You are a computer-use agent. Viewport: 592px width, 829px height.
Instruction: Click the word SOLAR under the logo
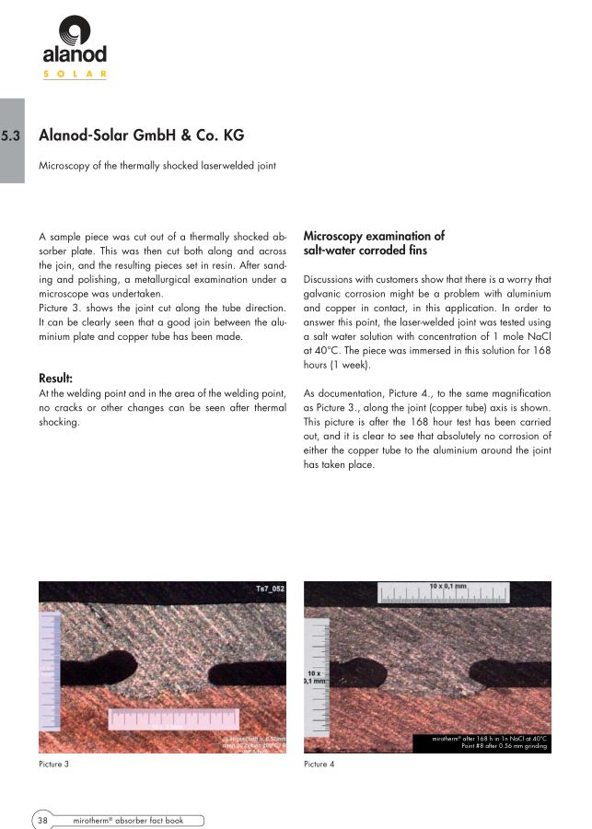pos(75,73)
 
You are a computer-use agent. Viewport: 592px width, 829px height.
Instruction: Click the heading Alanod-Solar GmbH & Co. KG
pos(141,135)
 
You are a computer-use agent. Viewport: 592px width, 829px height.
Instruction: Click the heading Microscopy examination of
pos(374,237)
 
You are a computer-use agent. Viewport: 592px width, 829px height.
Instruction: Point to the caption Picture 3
pos(53,765)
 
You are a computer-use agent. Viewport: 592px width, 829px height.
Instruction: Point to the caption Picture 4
pos(319,765)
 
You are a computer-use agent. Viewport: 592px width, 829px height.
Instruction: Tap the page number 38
pos(42,818)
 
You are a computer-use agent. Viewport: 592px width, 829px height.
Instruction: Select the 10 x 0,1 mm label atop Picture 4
pos(448,586)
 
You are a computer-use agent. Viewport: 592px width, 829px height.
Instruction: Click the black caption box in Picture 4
pos(490,741)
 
